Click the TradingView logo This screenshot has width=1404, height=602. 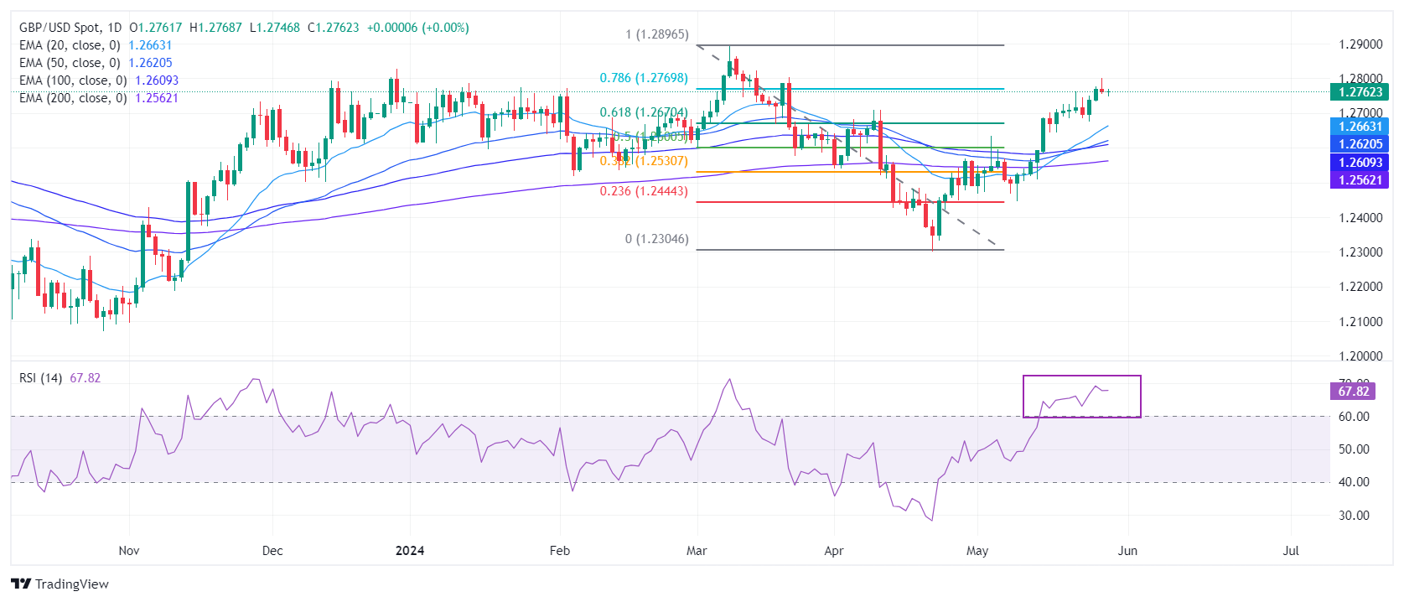tap(60, 584)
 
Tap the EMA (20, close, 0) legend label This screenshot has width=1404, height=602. tap(70, 45)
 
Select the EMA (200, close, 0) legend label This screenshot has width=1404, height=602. tap(73, 98)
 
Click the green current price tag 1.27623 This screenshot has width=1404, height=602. tap(1360, 92)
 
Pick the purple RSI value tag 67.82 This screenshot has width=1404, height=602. tap(1353, 392)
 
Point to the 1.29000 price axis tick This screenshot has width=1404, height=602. tap(1360, 44)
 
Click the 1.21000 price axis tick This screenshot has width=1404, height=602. tap(1360, 322)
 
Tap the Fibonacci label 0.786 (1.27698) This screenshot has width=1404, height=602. tap(644, 78)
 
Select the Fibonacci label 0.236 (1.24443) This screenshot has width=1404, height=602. tap(644, 191)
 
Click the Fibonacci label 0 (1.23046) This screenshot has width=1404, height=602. tap(656, 239)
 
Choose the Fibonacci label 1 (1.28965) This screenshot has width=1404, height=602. tap(656, 34)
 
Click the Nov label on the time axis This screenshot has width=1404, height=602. tap(129, 551)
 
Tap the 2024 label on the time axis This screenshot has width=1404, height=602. tap(410, 551)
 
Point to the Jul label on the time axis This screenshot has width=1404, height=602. tap(1291, 551)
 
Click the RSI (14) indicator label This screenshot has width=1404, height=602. tap(40, 378)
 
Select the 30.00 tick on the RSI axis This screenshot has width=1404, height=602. tap(1354, 516)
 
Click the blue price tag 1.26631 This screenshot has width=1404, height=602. tap(1360, 127)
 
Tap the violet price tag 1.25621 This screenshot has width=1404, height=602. tap(1360, 180)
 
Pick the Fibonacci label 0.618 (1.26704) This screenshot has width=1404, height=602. tap(644, 112)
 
